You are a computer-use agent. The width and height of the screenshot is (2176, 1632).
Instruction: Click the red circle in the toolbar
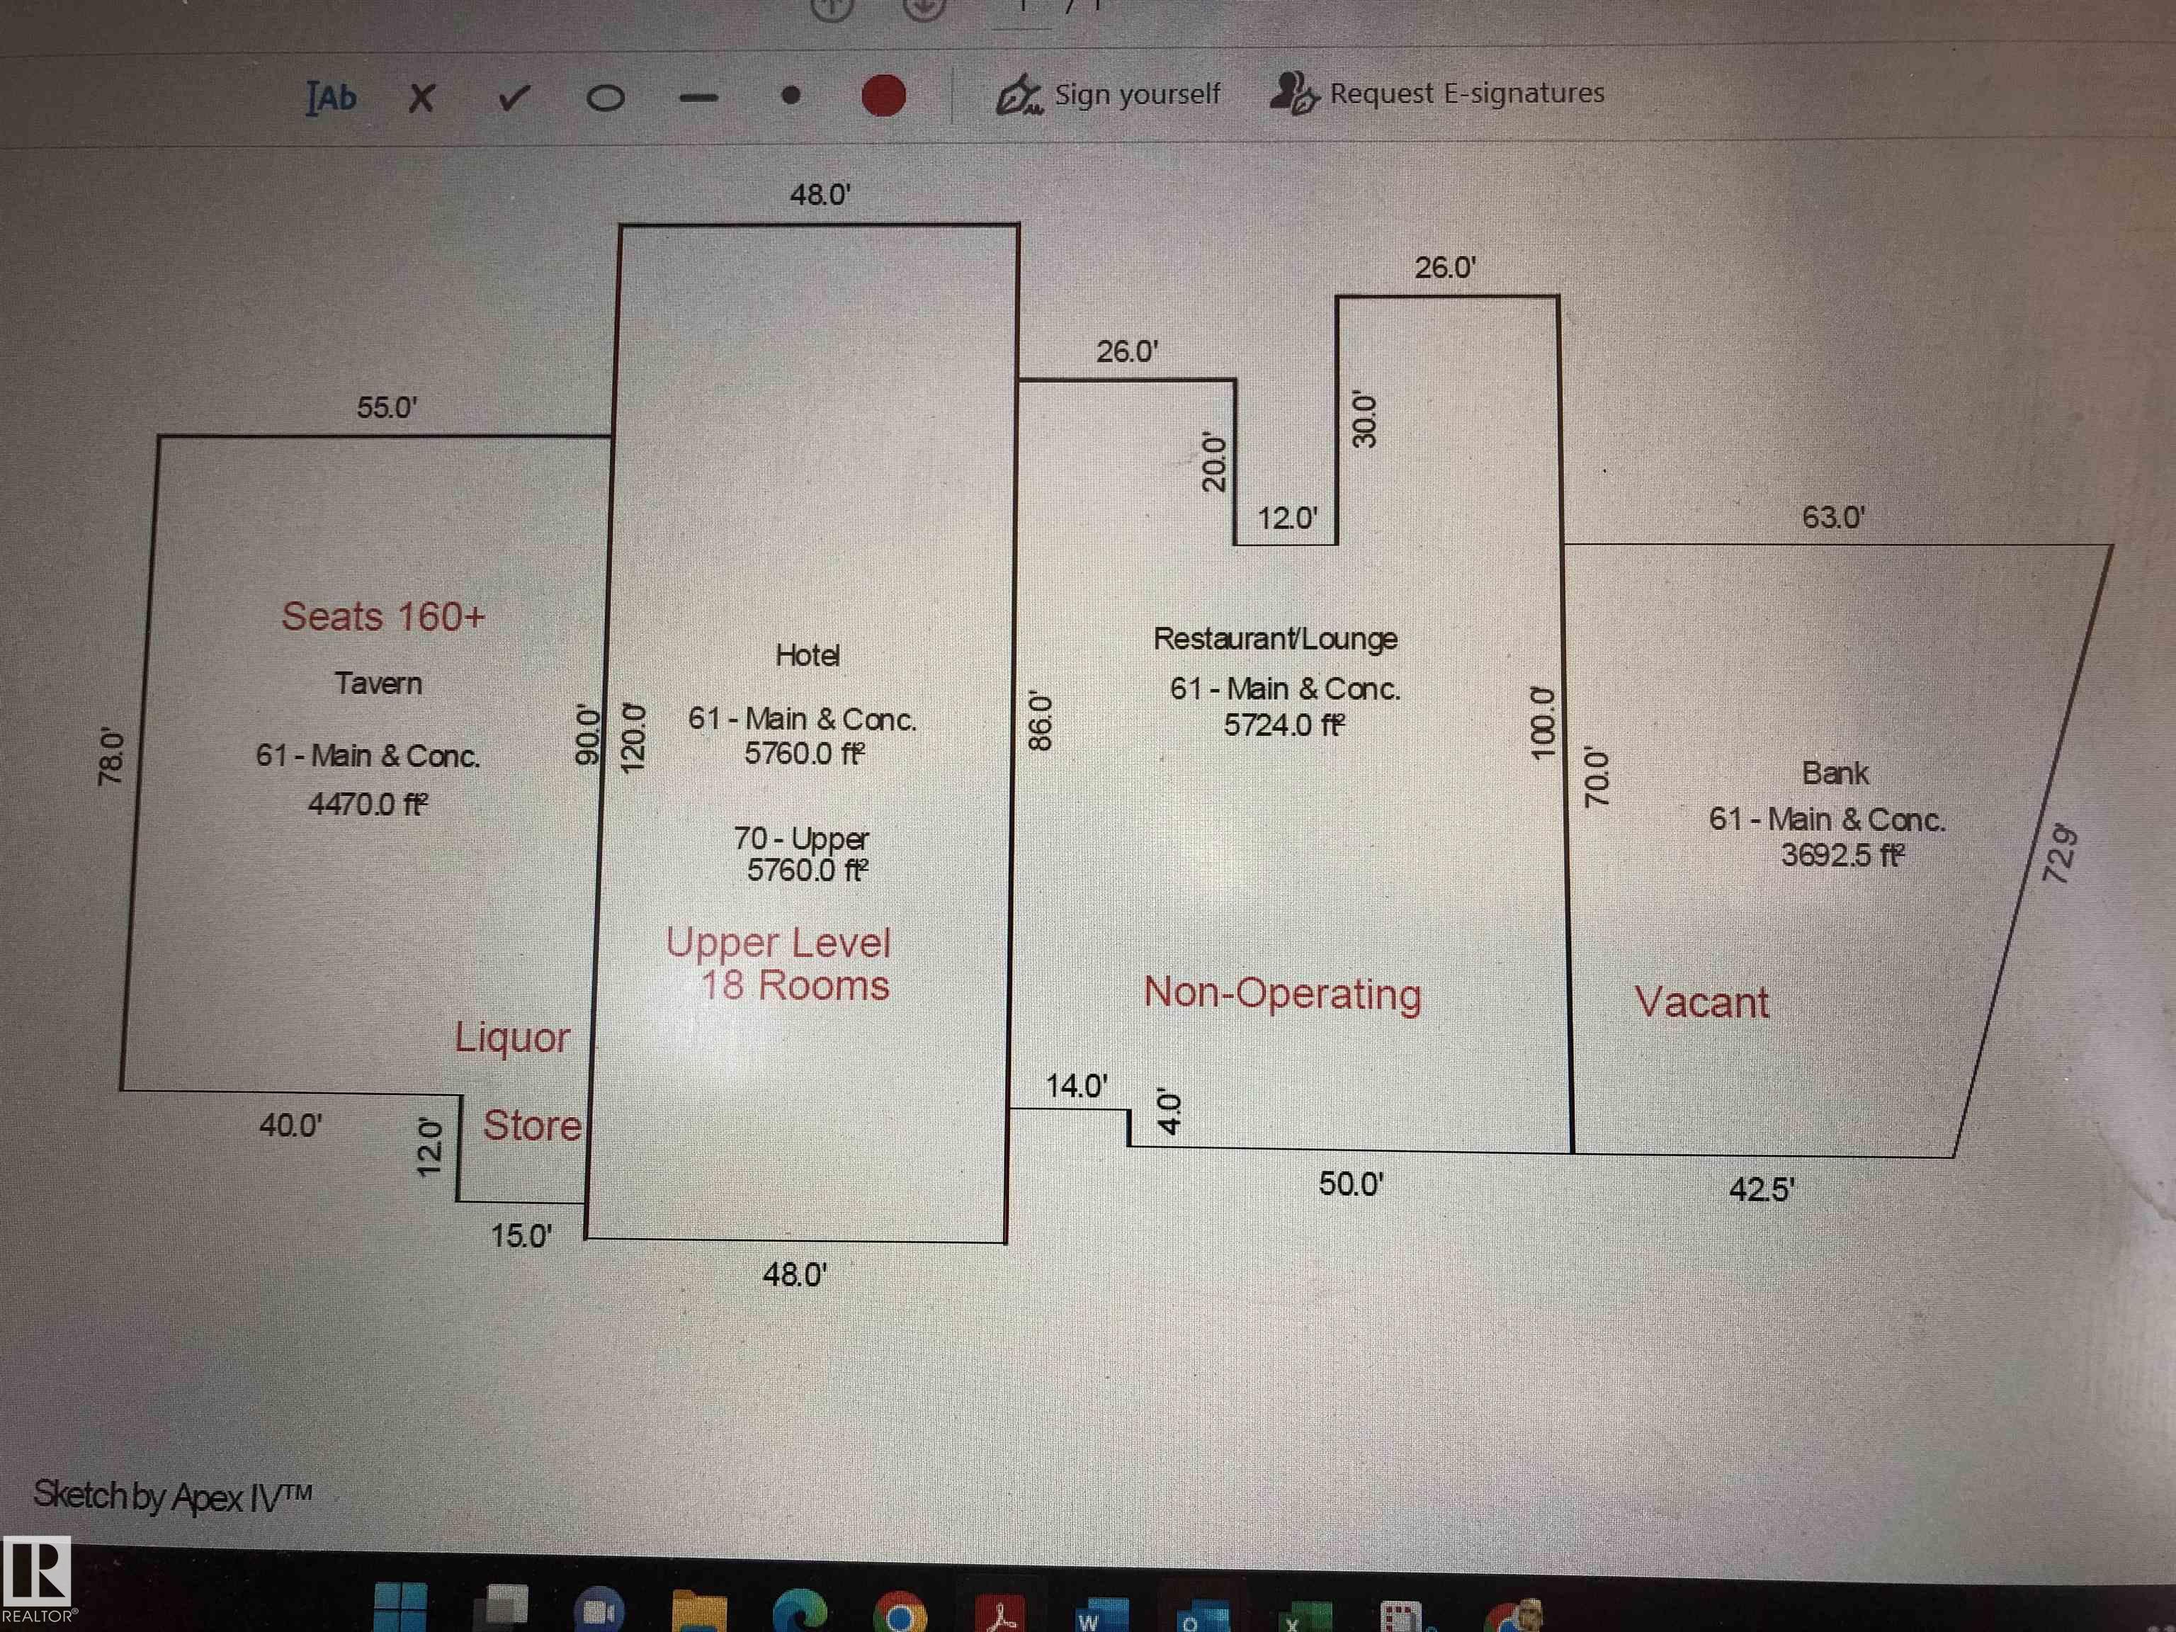pyautogui.click(x=883, y=96)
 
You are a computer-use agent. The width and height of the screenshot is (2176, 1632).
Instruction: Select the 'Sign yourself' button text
pyautogui.click(x=1136, y=94)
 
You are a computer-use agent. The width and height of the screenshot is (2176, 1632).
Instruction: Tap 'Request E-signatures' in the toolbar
pyautogui.click(x=1466, y=93)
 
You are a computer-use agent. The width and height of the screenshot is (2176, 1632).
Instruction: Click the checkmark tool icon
pyautogui.click(x=513, y=97)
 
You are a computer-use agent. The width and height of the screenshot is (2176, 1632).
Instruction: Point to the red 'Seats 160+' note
pyautogui.click(x=382, y=617)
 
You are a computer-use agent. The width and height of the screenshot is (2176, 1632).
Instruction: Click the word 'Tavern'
pyautogui.click(x=378, y=683)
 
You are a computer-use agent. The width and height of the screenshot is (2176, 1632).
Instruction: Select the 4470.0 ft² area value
pyautogui.click(x=367, y=805)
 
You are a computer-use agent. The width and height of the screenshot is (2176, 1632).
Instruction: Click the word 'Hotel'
pyautogui.click(x=807, y=655)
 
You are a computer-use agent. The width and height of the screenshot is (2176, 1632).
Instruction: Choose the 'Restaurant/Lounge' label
pyautogui.click(x=1275, y=638)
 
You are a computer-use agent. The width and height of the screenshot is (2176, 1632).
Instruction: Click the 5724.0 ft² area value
pyautogui.click(x=1283, y=725)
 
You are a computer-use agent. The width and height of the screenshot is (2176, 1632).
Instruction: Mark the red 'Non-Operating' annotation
pyautogui.click(x=1282, y=994)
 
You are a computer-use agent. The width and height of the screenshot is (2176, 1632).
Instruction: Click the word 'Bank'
pyautogui.click(x=1835, y=773)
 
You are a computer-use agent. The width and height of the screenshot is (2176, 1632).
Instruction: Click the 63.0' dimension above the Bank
pyautogui.click(x=1832, y=518)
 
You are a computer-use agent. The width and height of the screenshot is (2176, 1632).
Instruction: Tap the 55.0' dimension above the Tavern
pyautogui.click(x=387, y=407)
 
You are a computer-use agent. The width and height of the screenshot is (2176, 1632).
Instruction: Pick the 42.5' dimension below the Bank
pyautogui.click(x=1761, y=1189)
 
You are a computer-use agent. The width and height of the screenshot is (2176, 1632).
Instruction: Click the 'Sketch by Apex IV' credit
pyautogui.click(x=172, y=1496)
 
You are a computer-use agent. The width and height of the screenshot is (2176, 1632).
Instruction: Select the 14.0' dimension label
pyautogui.click(x=1076, y=1086)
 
